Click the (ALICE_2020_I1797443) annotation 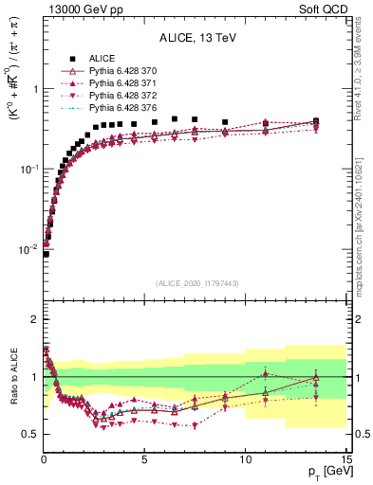(x=196, y=283)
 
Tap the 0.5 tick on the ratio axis (x=29, y=434)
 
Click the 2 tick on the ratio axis (x=33, y=319)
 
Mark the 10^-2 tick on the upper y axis (x=27, y=249)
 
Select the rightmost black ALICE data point (x=316, y=121)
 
